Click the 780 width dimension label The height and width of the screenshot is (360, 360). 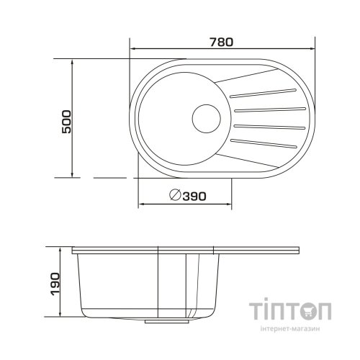point(222,42)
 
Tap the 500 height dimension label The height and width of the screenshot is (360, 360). point(66,122)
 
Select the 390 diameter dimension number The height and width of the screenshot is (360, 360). point(194,197)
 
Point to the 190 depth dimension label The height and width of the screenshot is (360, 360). point(55,284)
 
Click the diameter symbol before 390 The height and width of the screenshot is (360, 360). point(175,195)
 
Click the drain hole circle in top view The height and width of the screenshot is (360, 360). point(207,119)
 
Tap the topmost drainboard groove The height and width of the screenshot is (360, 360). point(263,94)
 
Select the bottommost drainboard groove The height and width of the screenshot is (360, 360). point(264,143)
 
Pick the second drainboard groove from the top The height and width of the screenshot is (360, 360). point(270,109)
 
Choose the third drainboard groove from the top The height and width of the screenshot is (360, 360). point(269,127)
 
